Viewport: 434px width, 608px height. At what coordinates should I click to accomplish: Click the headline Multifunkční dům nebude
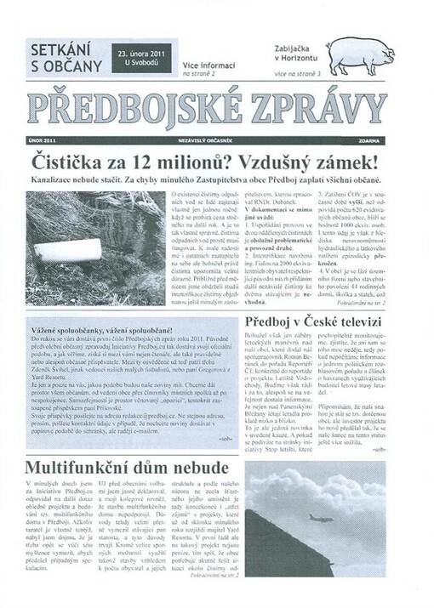point(122,467)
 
